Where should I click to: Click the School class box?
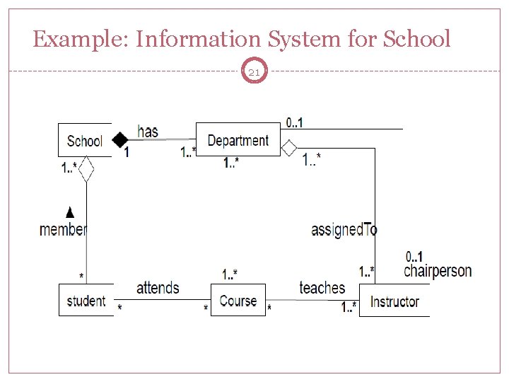coord(85,140)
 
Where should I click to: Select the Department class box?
coord(238,140)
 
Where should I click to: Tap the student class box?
coord(86,300)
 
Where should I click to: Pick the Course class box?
coord(238,300)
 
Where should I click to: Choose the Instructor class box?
coord(394,301)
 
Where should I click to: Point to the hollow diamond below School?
coord(86,170)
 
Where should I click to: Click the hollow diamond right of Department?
coord(289,148)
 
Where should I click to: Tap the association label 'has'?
coord(148,131)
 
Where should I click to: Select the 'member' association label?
coord(63,229)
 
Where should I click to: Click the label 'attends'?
coord(158,287)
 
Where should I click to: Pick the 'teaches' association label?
coord(322,287)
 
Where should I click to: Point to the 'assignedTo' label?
coord(344,229)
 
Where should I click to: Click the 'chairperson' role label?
coord(438,271)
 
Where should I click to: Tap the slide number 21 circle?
coord(255,71)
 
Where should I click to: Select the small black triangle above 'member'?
coord(69,212)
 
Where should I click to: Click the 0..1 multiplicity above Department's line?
coord(295,122)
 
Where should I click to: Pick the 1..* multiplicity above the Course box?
coord(230,274)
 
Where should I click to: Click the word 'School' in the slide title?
coord(416,39)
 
